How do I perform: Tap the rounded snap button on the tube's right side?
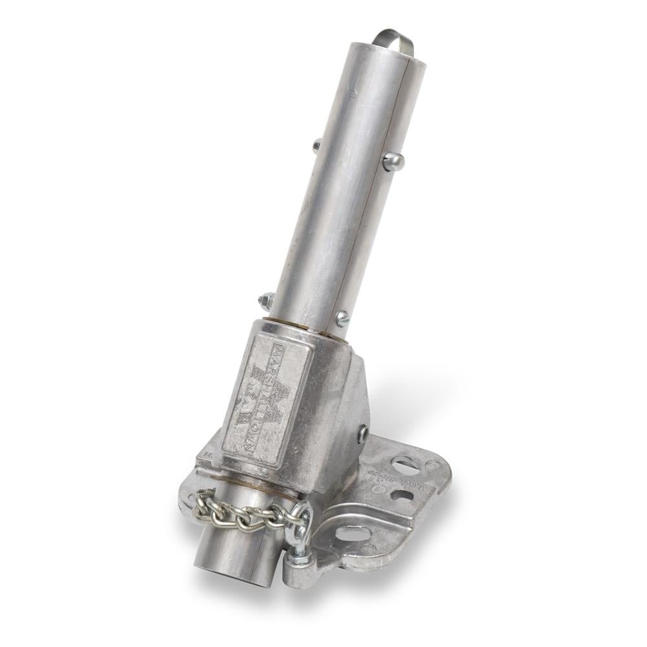(x=393, y=161)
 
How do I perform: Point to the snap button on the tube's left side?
(x=316, y=146)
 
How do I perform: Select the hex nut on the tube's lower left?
(x=265, y=300)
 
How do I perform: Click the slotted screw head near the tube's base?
(x=341, y=318)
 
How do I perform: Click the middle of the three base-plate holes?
(x=402, y=496)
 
